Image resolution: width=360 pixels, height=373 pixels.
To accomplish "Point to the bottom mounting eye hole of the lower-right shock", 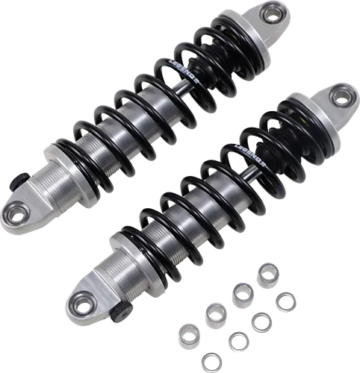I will pyautogui.click(x=77, y=303).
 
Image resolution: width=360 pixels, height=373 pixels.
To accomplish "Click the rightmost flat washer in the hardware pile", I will pyautogui.click(x=285, y=303).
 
